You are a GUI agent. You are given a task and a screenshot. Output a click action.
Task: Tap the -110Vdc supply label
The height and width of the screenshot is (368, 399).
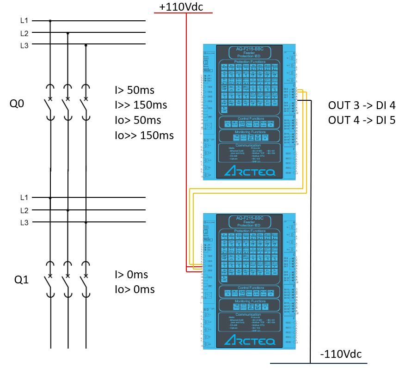pos(341,354)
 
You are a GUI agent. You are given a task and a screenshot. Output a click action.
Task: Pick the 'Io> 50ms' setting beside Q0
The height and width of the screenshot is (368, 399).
pos(138,120)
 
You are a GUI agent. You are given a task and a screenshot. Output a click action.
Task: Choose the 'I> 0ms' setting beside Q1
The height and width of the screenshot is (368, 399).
pos(131,275)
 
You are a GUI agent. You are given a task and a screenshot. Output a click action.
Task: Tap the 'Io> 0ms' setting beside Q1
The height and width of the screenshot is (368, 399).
pos(135,290)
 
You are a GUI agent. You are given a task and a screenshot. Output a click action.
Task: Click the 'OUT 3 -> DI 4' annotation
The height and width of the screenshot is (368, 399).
pos(362,105)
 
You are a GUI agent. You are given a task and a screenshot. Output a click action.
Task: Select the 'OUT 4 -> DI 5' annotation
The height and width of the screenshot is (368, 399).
pos(362,120)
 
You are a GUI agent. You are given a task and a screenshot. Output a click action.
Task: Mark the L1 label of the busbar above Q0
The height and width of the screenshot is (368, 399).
pos(24,21)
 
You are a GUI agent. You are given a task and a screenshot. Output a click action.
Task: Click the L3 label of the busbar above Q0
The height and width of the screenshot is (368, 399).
pos(24,45)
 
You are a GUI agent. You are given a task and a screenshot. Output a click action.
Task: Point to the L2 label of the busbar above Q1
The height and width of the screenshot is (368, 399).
pos(24,210)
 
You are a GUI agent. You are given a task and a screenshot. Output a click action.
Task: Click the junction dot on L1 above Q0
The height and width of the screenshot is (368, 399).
pos(50,21)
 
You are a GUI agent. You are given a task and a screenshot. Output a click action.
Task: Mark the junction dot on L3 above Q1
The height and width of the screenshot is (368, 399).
pos(86,222)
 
